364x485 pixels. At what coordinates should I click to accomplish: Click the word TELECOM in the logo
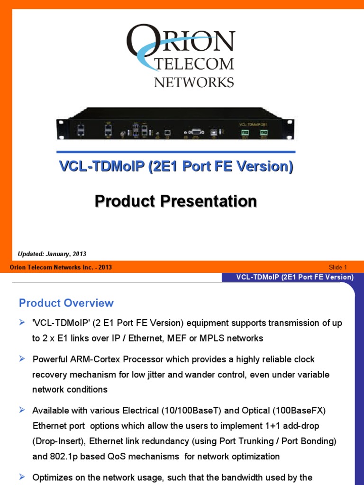coord(194,63)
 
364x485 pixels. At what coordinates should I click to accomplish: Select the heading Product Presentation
coord(176,201)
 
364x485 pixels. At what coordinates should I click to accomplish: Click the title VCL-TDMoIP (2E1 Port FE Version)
coord(176,167)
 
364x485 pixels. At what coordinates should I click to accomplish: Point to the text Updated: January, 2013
coord(52,254)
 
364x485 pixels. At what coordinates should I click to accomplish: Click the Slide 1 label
coord(338,267)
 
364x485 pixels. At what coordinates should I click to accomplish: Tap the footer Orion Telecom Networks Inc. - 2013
coord(61,267)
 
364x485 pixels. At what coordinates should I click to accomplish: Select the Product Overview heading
coord(66,303)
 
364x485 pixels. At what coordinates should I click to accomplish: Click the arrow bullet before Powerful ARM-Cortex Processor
coord(22,359)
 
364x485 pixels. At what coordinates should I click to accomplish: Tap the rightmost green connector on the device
coord(263,134)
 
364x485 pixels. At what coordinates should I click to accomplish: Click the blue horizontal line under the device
coord(176,152)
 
